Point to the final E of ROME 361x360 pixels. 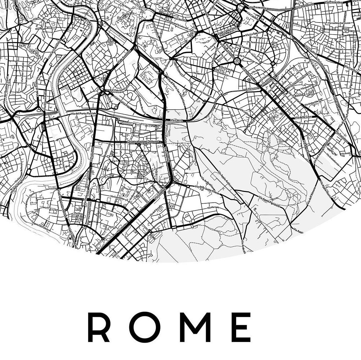[x=242, y=327]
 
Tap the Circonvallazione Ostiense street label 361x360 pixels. [x=143, y=142]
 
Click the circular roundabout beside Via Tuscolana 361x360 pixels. [x=237, y=61]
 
